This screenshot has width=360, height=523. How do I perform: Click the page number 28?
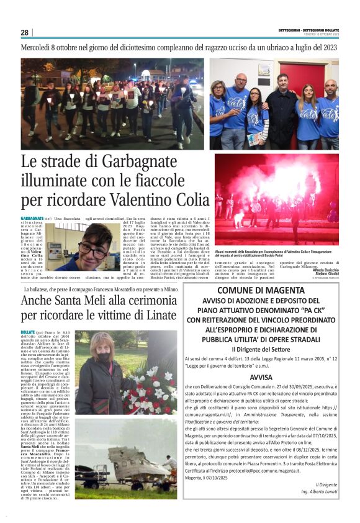[x=25, y=32]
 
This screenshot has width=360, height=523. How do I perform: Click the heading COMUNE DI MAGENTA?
[x=260, y=290]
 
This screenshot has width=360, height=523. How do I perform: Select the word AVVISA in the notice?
[x=261, y=377]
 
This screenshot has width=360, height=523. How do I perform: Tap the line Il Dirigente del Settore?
[x=261, y=349]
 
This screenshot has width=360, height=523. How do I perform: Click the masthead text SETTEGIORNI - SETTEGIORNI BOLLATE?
[x=308, y=30]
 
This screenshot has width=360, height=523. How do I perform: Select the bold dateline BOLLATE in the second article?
[x=28, y=334]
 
